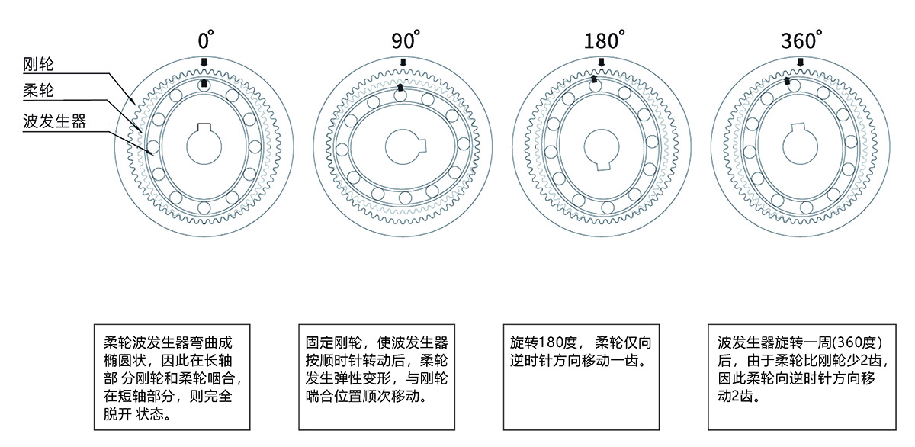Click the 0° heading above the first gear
point(205,40)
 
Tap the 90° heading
point(406,40)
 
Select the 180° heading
point(604,40)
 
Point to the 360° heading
point(801,40)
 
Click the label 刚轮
point(38,64)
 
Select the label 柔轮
point(38,90)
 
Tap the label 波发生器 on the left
point(54,121)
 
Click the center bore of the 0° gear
point(204,146)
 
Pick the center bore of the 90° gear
point(404,146)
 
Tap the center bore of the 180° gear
point(602,148)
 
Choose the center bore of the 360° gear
point(800,146)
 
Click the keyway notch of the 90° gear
point(422,145)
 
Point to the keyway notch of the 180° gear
point(603,166)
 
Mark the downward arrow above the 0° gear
point(204,63)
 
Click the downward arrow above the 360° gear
point(800,63)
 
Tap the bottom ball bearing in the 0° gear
point(204,207)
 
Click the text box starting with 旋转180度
point(581,377)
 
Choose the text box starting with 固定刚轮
point(377,377)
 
